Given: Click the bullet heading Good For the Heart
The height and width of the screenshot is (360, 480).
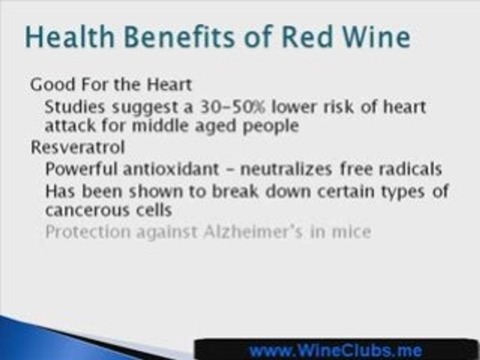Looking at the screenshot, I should (110, 84).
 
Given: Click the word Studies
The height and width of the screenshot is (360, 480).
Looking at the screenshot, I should (74, 107).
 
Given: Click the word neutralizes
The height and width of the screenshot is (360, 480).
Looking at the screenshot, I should (285, 169).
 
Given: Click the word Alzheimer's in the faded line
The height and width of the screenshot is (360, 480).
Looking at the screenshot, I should (252, 232).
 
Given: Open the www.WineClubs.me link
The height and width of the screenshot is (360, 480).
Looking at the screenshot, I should (335, 349).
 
